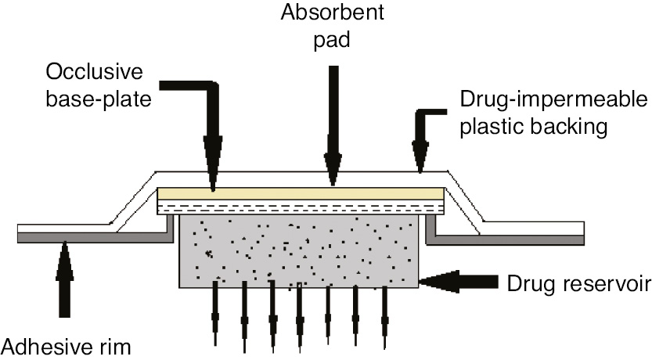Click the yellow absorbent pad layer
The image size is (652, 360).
[301, 193]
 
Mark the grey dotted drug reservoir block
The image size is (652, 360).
[301, 250]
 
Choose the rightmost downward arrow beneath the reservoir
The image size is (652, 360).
[384, 313]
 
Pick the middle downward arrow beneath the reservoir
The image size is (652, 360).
[300, 313]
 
